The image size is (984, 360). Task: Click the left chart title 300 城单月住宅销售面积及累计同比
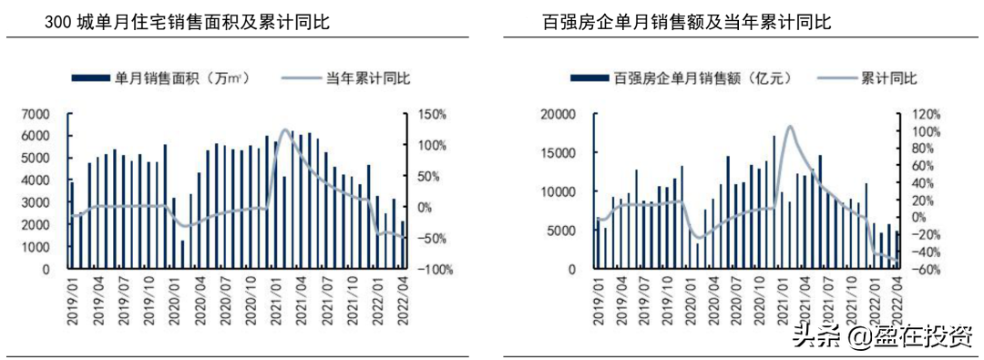(x=188, y=23)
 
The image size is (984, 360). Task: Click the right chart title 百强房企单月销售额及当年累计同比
(x=686, y=23)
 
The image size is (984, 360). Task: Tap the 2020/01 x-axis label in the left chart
(x=174, y=296)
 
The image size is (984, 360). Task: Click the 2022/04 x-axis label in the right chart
(x=897, y=296)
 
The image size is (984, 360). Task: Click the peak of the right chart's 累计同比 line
(x=789, y=126)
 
